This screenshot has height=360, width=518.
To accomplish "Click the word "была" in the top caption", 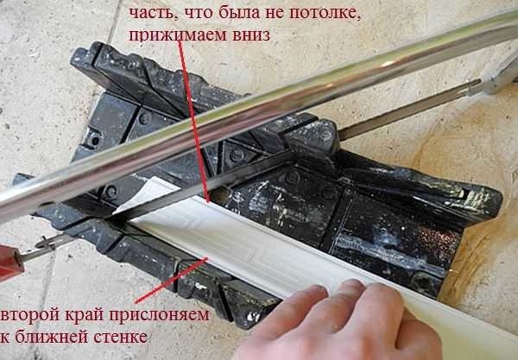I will click(x=213, y=14).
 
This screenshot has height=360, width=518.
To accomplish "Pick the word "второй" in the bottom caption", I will click(x=26, y=316).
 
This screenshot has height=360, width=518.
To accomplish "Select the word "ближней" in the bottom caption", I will click(x=46, y=338).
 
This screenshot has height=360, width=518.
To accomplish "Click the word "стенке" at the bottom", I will click(x=112, y=338).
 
